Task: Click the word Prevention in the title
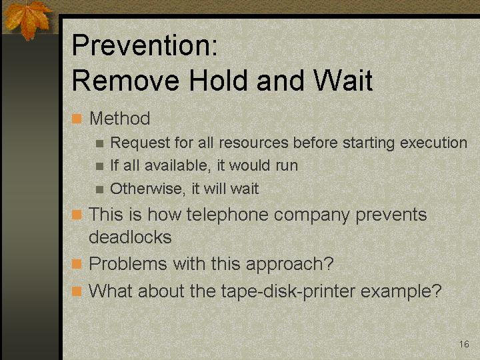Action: pos(144,45)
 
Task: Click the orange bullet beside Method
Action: pos(77,119)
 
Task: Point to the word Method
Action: pos(120,118)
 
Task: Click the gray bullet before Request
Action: pos(99,143)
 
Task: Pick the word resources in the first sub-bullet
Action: pos(253,143)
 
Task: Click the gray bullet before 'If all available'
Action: pos(99,166)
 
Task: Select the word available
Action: pos(177,165)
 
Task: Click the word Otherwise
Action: pos(147,189)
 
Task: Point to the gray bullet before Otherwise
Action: pos(99,189)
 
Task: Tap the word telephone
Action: pos(227,215)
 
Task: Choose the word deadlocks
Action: pos(130,237)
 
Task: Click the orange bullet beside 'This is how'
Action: pos(77,215)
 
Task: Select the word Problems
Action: pos(127,263)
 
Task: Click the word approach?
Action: pos(289,264)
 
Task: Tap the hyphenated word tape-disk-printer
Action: pos(288,291)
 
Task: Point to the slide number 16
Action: pos(464,344)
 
